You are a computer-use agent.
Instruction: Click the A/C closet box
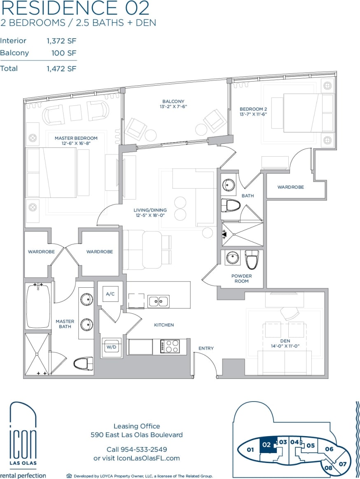(110, 294)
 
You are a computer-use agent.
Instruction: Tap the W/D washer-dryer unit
(111, 347)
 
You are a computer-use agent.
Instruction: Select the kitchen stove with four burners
(170, 346)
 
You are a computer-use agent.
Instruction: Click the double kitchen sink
(159, 301)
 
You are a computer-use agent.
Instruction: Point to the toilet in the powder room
(252, 259)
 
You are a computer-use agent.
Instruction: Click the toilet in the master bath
(83, 364)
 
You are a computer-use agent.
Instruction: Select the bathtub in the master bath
(38, 305)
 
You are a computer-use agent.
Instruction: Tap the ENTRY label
(206, 348)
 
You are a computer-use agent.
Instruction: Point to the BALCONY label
(173, 101)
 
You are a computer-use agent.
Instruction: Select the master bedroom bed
(51, 172)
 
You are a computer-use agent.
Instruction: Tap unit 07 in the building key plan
(343, 464)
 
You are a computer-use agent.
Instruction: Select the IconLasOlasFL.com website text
(151, 458)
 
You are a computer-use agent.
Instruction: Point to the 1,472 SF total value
(61, 69)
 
